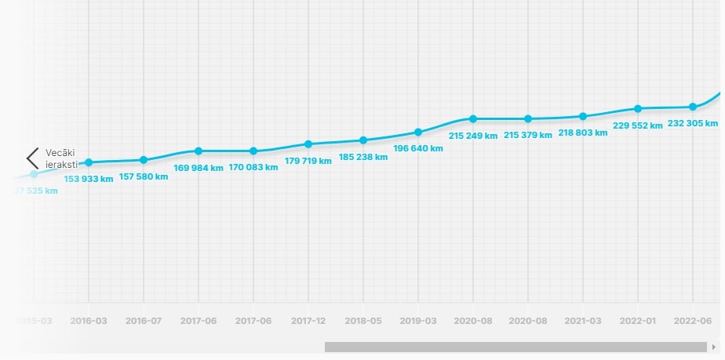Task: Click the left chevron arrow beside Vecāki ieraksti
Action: (32, 158)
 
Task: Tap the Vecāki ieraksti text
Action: (60, 158)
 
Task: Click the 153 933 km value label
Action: (89, 179)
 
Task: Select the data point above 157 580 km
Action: (144, 160)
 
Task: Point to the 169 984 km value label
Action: (199, 167)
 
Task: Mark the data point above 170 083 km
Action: (253, 151)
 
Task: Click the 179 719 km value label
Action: (308, 161)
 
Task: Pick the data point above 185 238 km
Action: (363, 140)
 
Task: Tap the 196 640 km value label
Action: (418, 148)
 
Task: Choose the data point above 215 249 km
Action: (473, 118)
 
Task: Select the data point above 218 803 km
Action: (583, 116)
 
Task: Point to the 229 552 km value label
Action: (638, 125)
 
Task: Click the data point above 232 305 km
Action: (693, 107)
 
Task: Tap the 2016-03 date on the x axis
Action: (89, 320)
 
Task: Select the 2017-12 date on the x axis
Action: (308, 320)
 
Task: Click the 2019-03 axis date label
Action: (418, 320)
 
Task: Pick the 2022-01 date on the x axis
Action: (638, 320)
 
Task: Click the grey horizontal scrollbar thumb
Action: (516, 347)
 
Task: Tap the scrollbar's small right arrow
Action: (714, 347)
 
